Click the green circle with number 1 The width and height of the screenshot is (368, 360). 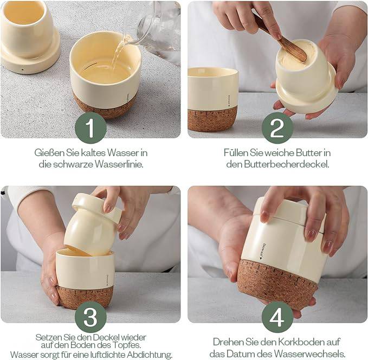[91, 128]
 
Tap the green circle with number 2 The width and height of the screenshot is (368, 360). [277, 128]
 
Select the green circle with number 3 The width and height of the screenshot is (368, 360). [91, 316]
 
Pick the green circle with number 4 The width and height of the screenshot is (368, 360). [277, 316]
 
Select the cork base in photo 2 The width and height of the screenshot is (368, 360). [212, 118]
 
